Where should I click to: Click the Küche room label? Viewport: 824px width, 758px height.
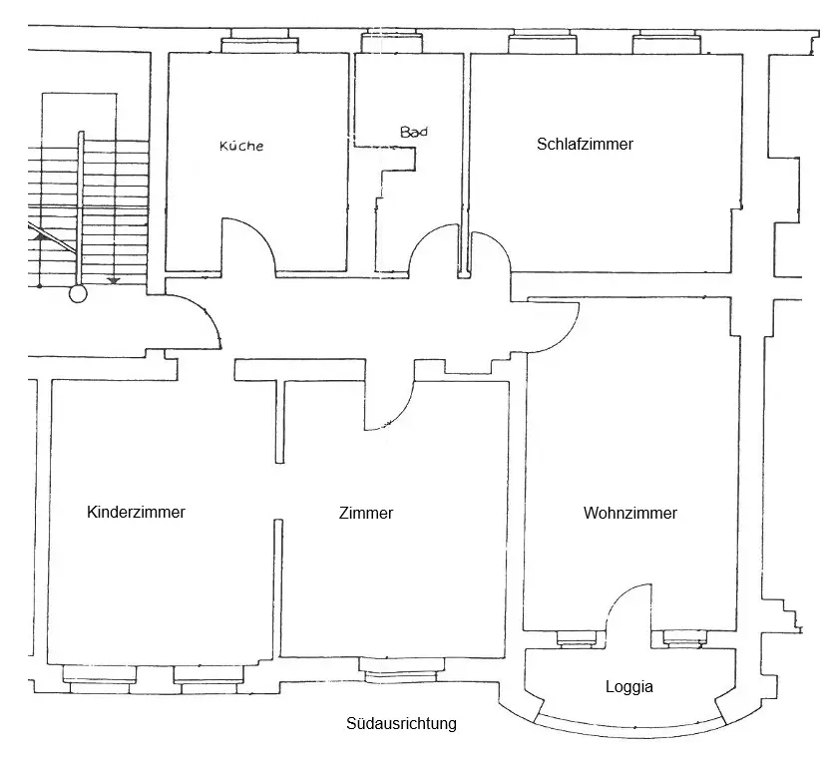[x=241, y=146]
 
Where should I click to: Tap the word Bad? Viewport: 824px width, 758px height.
[x=413, y=132]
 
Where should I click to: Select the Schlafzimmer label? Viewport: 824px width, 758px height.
[x=585, y=144]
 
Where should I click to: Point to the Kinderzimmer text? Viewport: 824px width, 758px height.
[x=137, y=513]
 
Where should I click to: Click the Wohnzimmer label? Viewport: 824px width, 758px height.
[x=630, y=514]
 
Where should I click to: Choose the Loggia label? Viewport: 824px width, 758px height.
[x=629, y=687]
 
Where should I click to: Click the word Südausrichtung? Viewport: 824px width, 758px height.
[x=402, y=724]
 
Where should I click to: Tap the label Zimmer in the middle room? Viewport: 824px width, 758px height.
[x=366, y=514]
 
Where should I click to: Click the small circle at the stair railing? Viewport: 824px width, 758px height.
[x=78, y=294]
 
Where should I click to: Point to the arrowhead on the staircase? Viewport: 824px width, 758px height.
[x=114, y=280]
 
